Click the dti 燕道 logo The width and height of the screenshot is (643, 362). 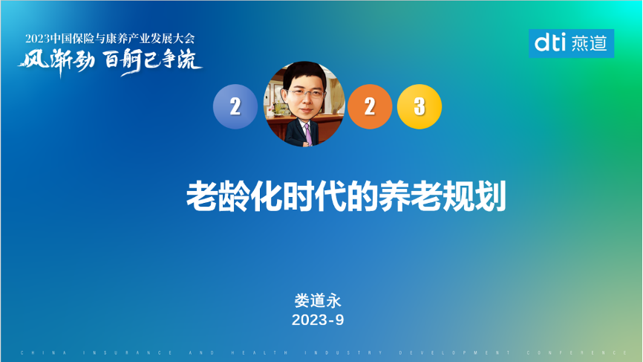tap(571, 44)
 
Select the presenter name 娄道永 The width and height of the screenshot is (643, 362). tap(317, 301)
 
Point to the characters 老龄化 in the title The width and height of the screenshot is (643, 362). tap(223, 196)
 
